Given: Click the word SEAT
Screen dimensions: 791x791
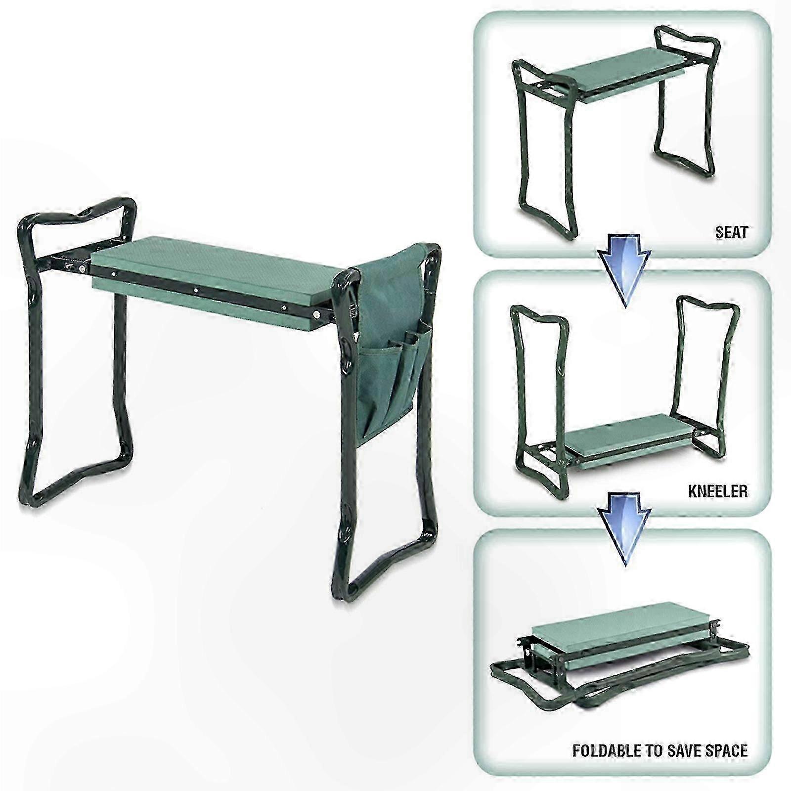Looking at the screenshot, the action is pos(731,232).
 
